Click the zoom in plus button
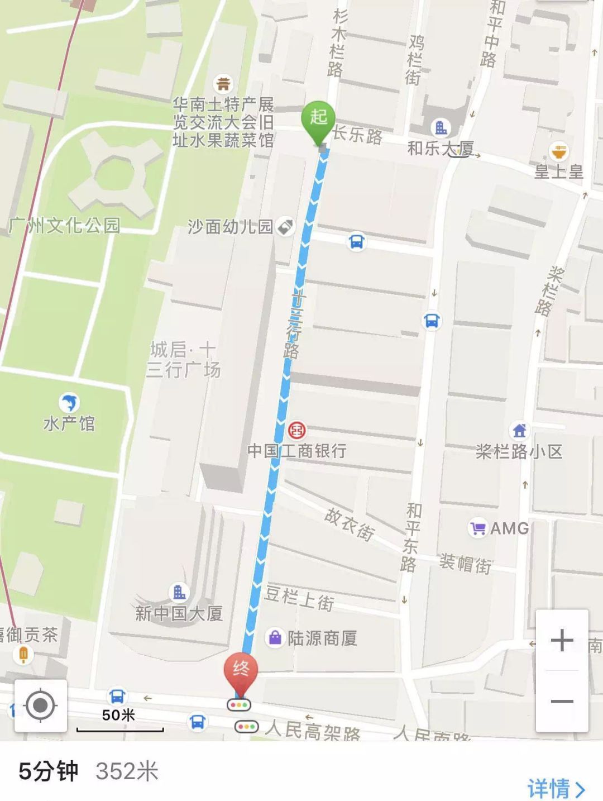pos(562,641)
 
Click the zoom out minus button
pos(562,702)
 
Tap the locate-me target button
pos(40,705)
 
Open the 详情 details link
pos(556,788)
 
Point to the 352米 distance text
pos(127,771)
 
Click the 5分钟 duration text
pos(49,771)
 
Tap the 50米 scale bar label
pos(118,715)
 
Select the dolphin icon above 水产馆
pos(69,402)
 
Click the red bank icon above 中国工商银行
pos(297,430)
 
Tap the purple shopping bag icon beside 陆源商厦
pos(275,637)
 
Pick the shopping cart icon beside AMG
pos(478,528)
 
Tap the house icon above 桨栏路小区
pos(519,430)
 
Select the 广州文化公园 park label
pos(64,225)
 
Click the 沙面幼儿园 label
pos(230,226)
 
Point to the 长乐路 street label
pos(358,135)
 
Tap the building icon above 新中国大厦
pos(179,592)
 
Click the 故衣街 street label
pos(349,524)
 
